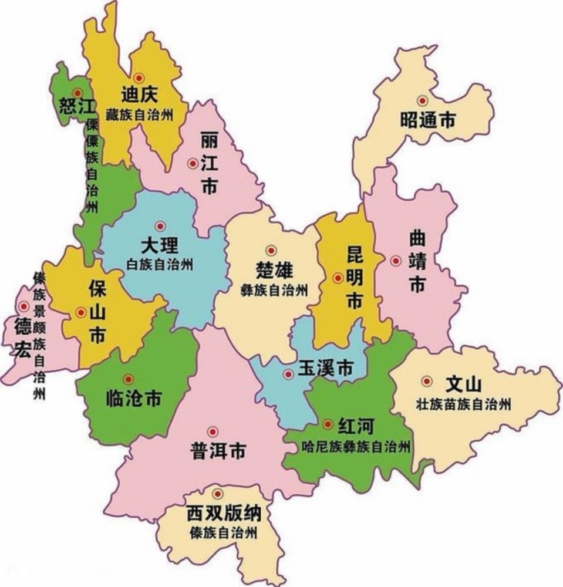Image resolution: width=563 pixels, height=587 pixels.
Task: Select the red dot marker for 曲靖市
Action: (x=396, y=261)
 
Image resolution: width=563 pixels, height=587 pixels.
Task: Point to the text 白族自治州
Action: (x=160, y=264)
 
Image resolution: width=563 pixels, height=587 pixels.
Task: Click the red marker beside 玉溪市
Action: (x=288, y=374)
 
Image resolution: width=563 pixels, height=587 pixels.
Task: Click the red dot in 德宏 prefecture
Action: (x=23, y=306)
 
